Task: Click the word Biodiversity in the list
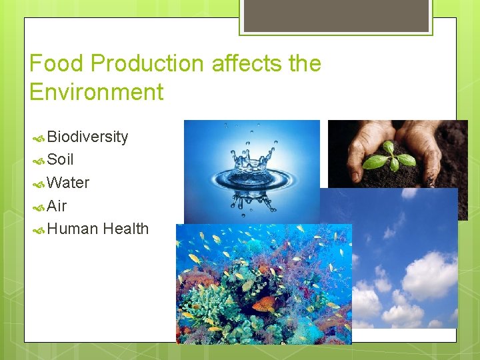coord(87,137)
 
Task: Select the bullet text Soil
coord(61,160)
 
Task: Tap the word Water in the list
coord(69,183)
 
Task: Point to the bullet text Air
coord(57,206)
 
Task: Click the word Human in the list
coord(73,229)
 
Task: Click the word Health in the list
coord(126,229)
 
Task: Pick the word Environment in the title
coord(97,92)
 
